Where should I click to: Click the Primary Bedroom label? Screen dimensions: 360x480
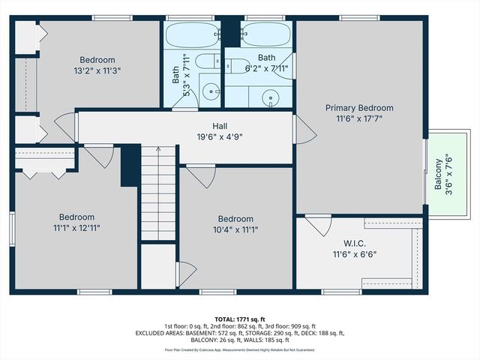(358, 108)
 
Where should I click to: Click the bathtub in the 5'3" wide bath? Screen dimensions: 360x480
(190, 34)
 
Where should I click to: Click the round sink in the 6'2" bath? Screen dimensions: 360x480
(271, 95)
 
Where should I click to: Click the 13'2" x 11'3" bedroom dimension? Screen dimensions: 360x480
(97, 70)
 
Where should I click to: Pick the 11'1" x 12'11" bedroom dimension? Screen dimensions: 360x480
(76, 226)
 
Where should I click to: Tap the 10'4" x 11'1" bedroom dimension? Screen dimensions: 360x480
(235, 229)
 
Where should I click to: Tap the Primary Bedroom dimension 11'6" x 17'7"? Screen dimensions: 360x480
(358, 118)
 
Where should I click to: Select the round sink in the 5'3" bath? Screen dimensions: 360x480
(212, 93)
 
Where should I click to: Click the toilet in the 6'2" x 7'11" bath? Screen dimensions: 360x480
(239, 66)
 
